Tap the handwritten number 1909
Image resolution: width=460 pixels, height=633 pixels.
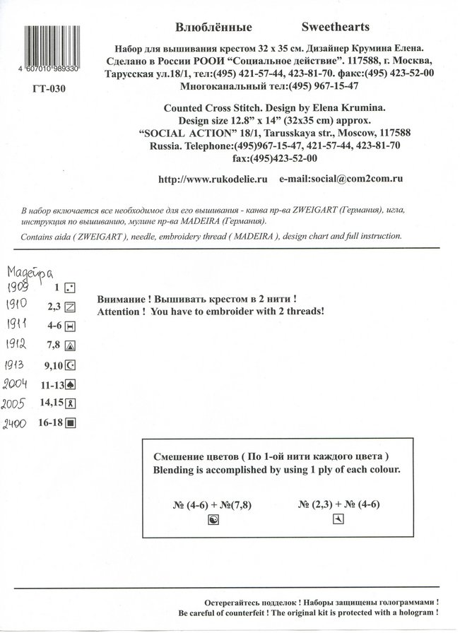coord(18,288)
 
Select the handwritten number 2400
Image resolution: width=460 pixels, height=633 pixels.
coord(18,424)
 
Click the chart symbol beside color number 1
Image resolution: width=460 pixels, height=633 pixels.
coord(70,288)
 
